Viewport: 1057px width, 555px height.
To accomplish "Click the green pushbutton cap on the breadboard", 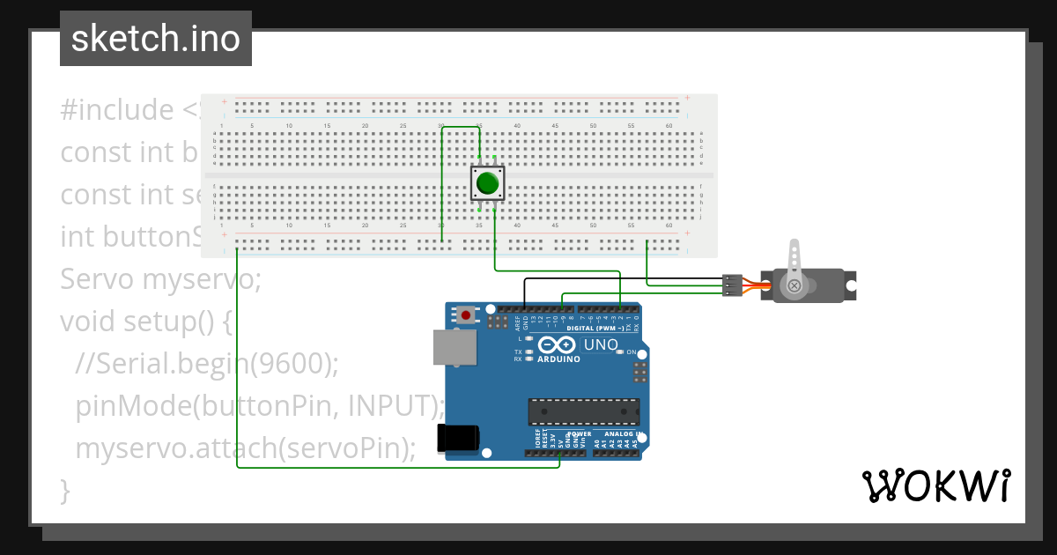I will coord(487,184).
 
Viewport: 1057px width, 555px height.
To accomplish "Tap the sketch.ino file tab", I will coord(156,39).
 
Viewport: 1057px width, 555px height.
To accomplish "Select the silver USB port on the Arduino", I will coord(455,347).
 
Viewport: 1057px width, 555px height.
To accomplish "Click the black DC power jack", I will coord(458,439).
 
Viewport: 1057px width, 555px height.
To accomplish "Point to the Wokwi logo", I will coord(935,485).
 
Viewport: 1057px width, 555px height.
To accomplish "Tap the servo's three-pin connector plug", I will coord(732,285).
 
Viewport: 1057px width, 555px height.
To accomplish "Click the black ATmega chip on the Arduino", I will coord(583,411).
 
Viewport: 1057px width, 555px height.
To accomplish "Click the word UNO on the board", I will coord(601,344).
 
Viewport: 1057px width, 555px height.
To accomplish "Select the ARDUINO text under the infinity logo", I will coord(558,359).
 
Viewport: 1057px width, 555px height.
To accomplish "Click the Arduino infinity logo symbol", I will coord(558,345).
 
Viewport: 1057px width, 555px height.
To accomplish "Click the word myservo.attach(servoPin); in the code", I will coord(245,448).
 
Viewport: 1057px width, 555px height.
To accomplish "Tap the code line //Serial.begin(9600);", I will coord(206,363).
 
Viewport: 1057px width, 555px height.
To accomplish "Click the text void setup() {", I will coord(146,322).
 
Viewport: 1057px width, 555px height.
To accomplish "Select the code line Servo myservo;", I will coord(161,280).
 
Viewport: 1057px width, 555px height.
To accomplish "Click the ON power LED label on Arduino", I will coord(632,351).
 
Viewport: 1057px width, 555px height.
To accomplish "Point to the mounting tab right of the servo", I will coord(851,285).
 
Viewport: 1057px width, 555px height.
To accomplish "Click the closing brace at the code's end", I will coord(64,490).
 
